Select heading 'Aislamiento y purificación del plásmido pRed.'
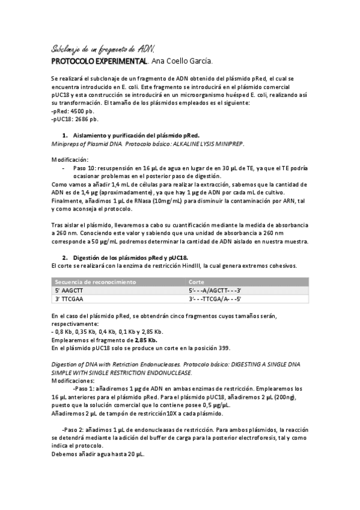[x=139, y=136]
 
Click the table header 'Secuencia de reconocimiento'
[x=96, y=281]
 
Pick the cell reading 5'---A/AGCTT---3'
[x=215, y=290]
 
